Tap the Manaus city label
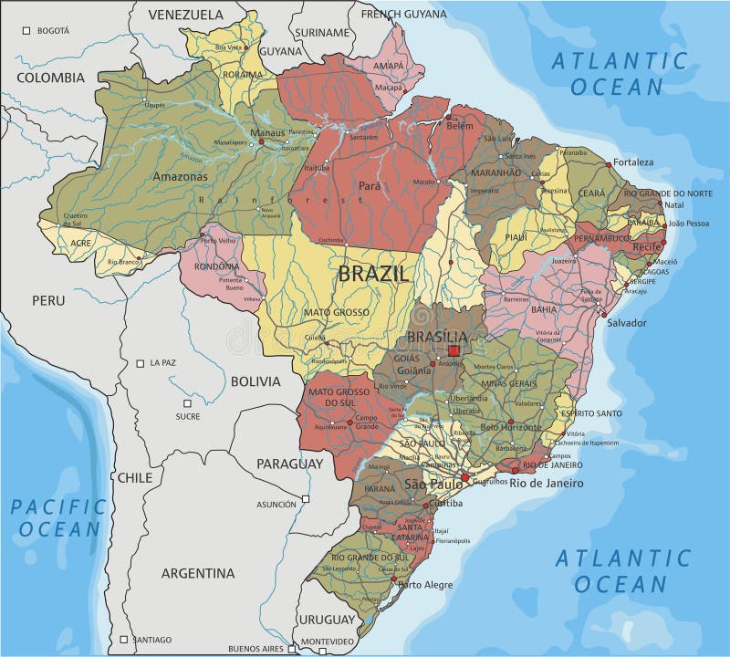tap(267, 133)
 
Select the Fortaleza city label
tap(633, 162)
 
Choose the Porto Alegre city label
tap(424, 585)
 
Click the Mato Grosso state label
tap(330, 312)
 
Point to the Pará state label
tap(369, 185)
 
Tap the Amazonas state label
tap(180, 176)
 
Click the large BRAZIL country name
tap(374, 272)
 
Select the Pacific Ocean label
tap(58, 517)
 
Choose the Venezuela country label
tap(185, 15)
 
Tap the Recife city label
tap(649, 247)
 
